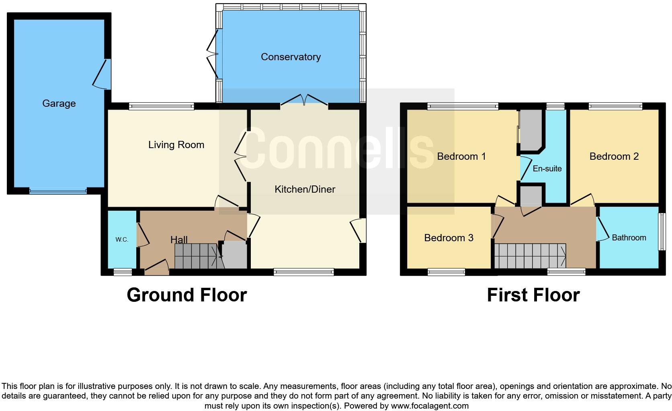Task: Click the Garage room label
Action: tap(59, 104)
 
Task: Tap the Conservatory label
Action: tap(291, 57)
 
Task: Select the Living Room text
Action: tap(176, 145)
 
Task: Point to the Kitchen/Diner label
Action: tap(305, 189)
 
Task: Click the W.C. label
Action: tap(122, 240)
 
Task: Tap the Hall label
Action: tap(179, 240)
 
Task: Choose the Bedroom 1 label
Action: tap(461, 157)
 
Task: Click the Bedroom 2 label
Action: tap(614, 157)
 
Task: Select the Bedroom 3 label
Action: tap(449, 238)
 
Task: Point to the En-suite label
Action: tap(547, 169)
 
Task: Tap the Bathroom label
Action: tap(629, 238)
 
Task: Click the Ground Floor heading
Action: tap(186, 295)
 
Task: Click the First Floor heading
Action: tap(533, 295)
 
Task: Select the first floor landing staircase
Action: tap(530, 256)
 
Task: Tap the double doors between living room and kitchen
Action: tap(242, 157)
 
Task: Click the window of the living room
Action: tap(162, 106)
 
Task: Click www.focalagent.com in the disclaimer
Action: tap(429, 406)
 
